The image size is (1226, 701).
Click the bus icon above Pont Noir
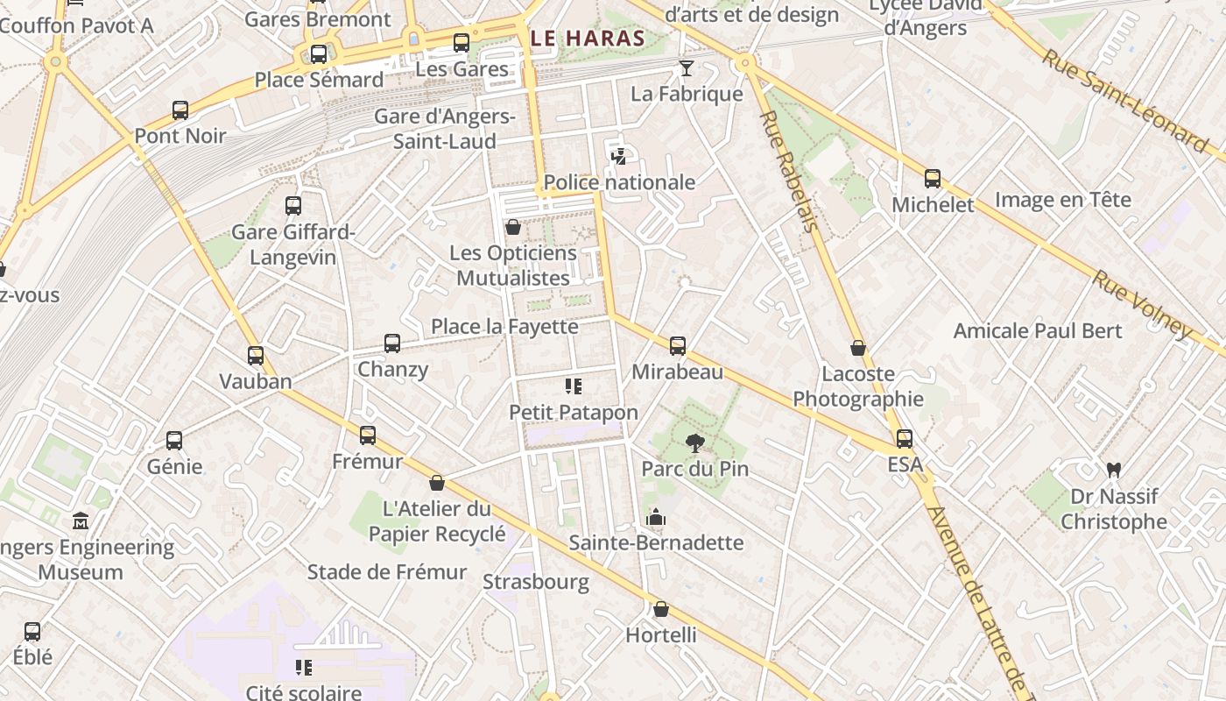[180, 110]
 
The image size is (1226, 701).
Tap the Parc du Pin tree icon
[695, 443]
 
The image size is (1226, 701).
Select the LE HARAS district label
[588, 39]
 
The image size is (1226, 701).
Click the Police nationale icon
[619, 157]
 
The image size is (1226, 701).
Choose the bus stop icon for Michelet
[933, 179]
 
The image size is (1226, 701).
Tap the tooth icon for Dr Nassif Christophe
[1114, 470]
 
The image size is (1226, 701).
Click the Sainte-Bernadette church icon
[656, 517]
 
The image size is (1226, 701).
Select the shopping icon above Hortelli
[661, 609]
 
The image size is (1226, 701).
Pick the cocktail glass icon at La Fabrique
[687, 67]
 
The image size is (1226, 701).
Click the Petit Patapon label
[574, 412]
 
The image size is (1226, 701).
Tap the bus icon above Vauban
[256, 356]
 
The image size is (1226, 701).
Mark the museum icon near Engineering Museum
[81, 520]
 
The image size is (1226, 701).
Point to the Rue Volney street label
[1141, 303]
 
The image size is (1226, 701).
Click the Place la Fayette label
[504, 327]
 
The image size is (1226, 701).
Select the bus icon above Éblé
[32, 631]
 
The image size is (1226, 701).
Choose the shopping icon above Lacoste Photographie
[858, 348]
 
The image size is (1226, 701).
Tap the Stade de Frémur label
[387, 572]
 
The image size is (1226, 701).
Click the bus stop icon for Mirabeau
[678, 346]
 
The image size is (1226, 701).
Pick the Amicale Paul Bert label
[1038, 331]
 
